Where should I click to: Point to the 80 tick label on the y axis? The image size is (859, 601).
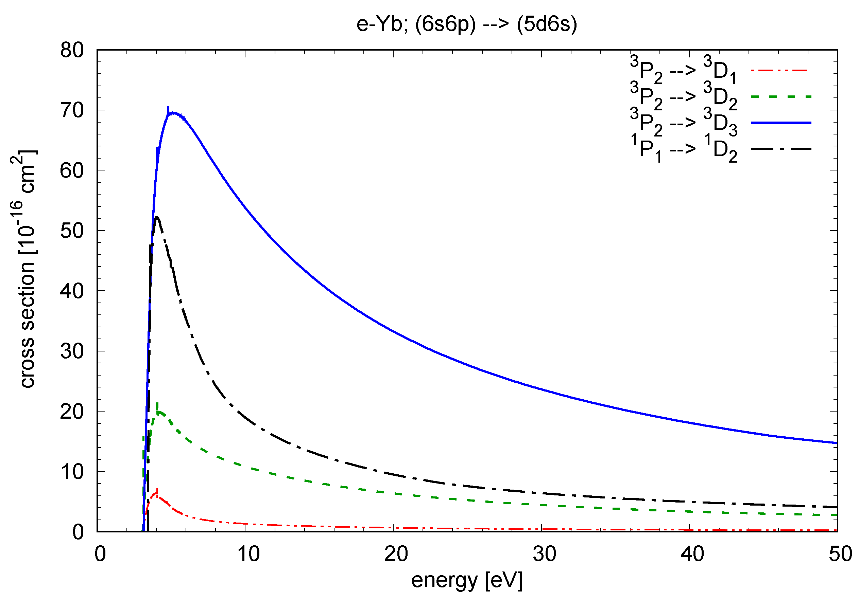tap(72, 50)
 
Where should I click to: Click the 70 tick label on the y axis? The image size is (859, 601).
tap(72, 110)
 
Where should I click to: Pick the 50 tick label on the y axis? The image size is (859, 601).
tap(72, 231)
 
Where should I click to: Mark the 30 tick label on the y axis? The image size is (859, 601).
tap(72, 351)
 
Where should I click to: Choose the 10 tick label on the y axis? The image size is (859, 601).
tap(72, 472)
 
